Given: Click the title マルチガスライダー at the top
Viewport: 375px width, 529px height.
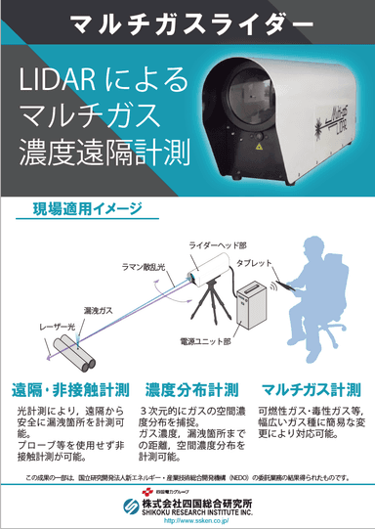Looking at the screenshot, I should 187,20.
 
